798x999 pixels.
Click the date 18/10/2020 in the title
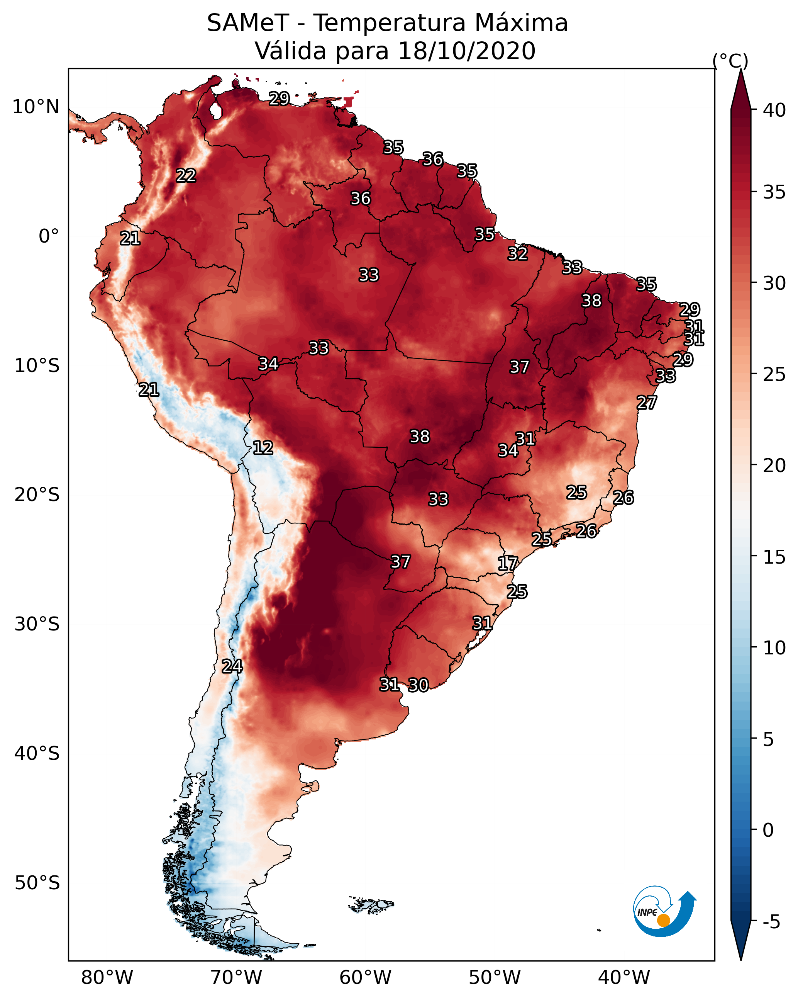[x=466, y=51]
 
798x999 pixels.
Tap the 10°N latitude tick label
[x=36, y=107]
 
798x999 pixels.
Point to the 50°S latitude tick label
[x=37, y=883]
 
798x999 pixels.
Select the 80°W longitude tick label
[x=107, y=977]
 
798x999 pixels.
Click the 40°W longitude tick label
[x=624, y=977]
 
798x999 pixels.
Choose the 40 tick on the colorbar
[x=774, y=110]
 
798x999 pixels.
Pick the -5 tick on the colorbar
[x=771, y=922]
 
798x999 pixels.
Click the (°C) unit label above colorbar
[x=730, y=61]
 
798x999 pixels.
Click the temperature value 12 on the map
[x=263, y=448]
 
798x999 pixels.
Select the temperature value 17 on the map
[x=507, y=564]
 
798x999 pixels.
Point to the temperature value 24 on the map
[x=232, y=666]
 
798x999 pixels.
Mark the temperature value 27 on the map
[x=646, y=403]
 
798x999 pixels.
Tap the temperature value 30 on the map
[x=418, y=685]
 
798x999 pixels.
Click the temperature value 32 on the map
[x=517, y=254]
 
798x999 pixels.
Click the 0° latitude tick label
[x=49, y=236]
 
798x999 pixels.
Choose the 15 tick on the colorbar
[x=774, y=557]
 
